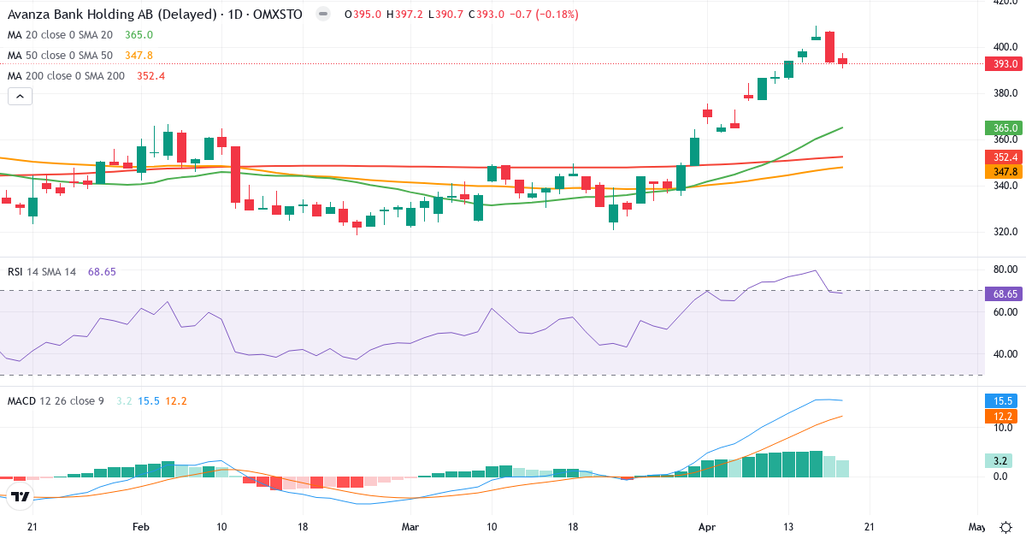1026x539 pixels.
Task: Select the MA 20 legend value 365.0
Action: click(139, 35)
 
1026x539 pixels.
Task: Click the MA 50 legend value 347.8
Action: click(139, 56)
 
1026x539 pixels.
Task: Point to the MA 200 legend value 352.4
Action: click(150, 76)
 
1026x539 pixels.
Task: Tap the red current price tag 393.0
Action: click(1005, 64)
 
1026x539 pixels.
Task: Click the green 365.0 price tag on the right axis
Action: click(1005, 128)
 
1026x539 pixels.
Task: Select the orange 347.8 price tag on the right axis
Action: click(1005, 172)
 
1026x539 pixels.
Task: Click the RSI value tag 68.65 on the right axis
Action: click(1005, 293)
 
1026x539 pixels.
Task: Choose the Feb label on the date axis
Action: click(141, 527)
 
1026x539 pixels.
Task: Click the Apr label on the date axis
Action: click(706, 527)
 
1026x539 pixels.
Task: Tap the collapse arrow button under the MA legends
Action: click(20, 97)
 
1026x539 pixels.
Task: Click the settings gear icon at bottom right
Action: click(1006, 526)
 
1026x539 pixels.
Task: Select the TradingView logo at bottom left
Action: click(21, 496)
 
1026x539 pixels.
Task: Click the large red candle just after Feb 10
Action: click(235, 175)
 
